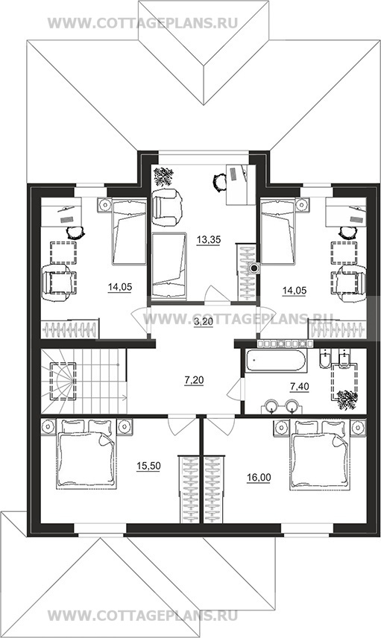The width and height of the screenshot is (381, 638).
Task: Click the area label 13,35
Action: click(x=209, y=240)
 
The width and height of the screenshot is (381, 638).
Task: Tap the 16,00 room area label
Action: click(x=259, y=477)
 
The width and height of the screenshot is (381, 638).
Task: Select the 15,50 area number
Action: click(x=148, y=467)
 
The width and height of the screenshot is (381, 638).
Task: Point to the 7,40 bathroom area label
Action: click(x=300, y=385)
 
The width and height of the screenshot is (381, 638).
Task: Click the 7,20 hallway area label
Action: click(x=194, y=381)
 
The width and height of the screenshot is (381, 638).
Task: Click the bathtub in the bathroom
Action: click(x=276, y=360)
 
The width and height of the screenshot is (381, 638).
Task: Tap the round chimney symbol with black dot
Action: click(x=255, y=268)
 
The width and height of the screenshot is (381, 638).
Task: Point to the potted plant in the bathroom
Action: click(x=347, y=399)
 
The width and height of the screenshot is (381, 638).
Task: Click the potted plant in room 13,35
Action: click(x=163, y=177)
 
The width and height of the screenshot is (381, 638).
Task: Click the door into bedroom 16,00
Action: click(x=220, y=425)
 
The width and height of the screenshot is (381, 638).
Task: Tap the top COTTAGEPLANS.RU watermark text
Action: click(x=142, y=23)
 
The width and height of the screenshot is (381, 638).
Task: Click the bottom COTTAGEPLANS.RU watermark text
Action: click(x=142, y=616)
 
